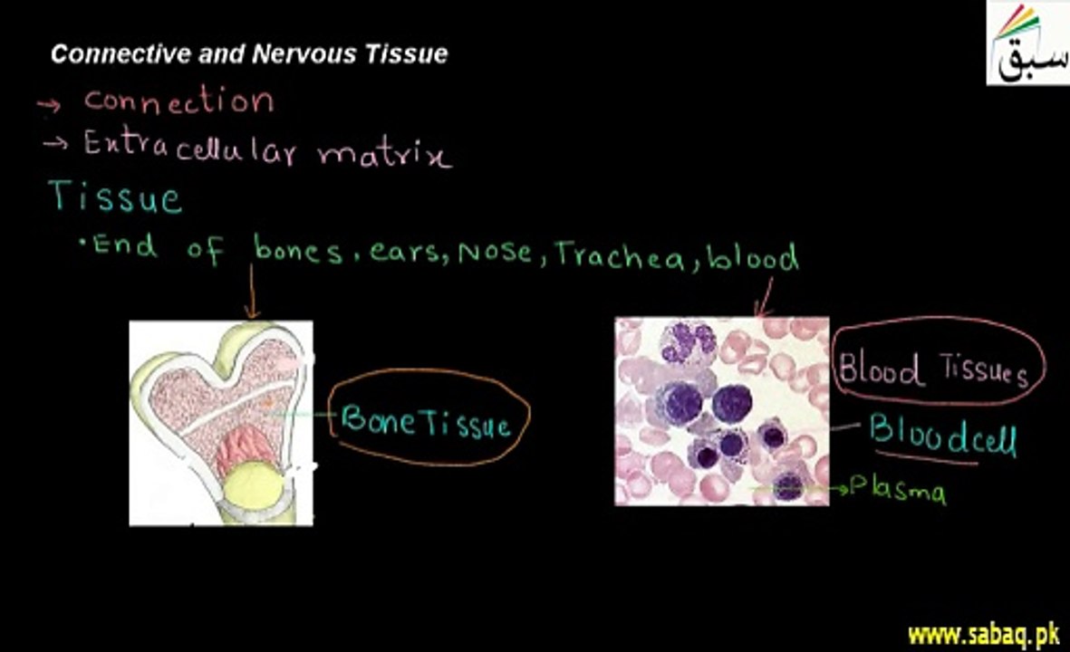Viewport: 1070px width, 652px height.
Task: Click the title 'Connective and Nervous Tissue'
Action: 249,53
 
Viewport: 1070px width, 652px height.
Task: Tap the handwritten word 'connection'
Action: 178,101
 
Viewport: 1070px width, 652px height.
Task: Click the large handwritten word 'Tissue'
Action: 115,197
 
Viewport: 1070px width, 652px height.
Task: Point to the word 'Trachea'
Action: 619,255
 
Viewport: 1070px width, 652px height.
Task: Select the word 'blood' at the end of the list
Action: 752,257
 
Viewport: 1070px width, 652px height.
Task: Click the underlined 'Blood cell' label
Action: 942,436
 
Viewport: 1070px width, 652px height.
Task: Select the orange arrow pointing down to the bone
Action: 252,292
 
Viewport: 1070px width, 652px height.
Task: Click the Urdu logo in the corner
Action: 1027,43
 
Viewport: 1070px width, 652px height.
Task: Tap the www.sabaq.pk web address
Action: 983,636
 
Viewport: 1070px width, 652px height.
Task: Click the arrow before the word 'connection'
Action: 49,104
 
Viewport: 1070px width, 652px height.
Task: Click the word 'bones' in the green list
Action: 297,250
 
